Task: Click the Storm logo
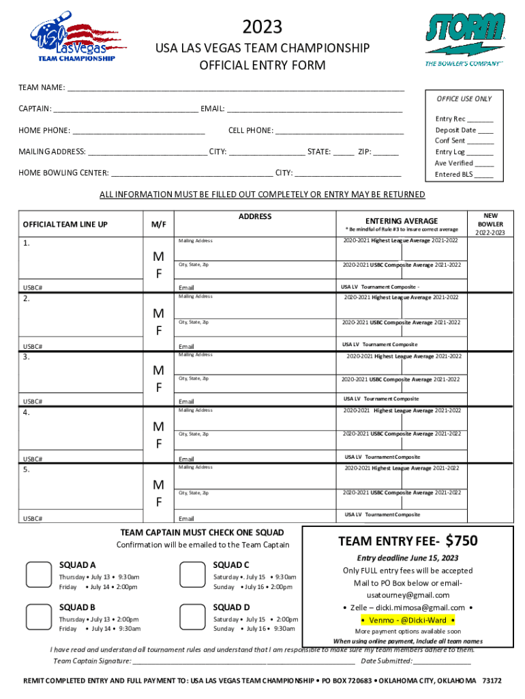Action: pyautogui.click(x=465, y=38)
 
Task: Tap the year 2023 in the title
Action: pyautogui.click(x=262, y=27)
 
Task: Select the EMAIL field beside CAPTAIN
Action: pyautogui.click(x=314, y=109)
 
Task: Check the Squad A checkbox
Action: pyautogui.click(x=37, y=575)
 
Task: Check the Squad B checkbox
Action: pyautogui.click(x=37, y=617)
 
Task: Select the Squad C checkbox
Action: pyautogui.click(x=191, y=575)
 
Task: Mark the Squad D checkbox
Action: pyautogui.click(x=191, y=617)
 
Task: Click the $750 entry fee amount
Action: pyautogui.click(x=462, y=541)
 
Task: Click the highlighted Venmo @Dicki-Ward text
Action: pyautogui.click(x=408, y=620)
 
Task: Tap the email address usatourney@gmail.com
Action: pyautogui.click(x=408, y=595)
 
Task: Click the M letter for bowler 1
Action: pyautogui.click(x=157, y=257)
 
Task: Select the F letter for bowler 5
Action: pyautogui.click(x=157, y=502)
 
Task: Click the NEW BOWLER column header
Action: pyautogui.click(x=491, y=223)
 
